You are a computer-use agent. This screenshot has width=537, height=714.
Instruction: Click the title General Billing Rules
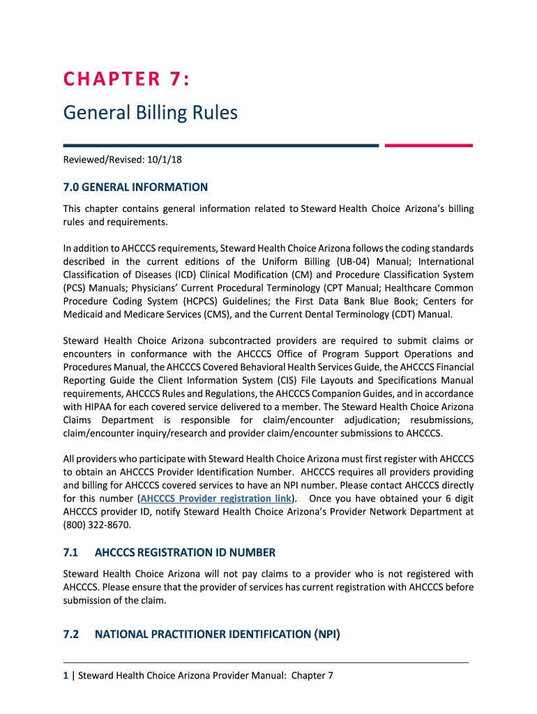(151, 112)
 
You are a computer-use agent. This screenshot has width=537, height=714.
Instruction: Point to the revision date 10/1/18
(165, 160)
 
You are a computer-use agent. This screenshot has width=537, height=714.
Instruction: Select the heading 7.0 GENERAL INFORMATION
(135, 187)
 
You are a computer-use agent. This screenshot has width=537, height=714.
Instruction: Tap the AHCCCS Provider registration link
(215, 499)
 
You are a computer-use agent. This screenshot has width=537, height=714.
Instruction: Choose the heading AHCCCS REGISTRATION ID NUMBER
(185, 553)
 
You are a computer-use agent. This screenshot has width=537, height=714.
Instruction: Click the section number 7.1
(70, 553)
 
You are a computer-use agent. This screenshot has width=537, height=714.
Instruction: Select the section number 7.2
(70, 635)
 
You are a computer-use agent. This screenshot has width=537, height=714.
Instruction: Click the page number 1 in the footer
(66, 676)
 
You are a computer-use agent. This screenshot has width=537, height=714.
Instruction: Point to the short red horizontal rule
(428, 146)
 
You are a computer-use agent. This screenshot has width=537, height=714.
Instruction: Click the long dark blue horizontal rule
(220, 146)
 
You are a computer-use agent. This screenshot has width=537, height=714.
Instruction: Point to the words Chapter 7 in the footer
(312, 676)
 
